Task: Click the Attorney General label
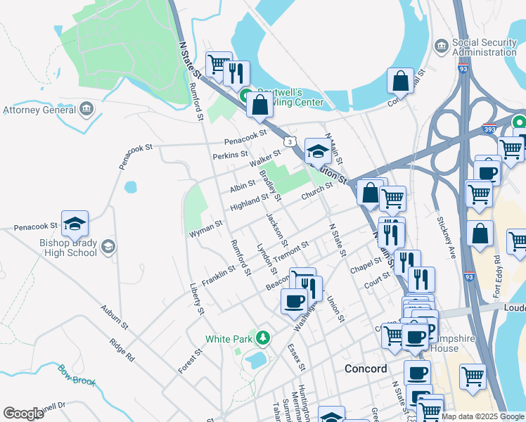click(39, 110)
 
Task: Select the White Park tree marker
click(263, 338)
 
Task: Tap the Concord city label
click(366, 369)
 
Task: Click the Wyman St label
click(205, 227)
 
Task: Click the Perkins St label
click(231, 154)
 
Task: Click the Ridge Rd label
click(122, 349)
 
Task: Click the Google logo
click(23, 414)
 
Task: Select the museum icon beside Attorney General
click(86, 109)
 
